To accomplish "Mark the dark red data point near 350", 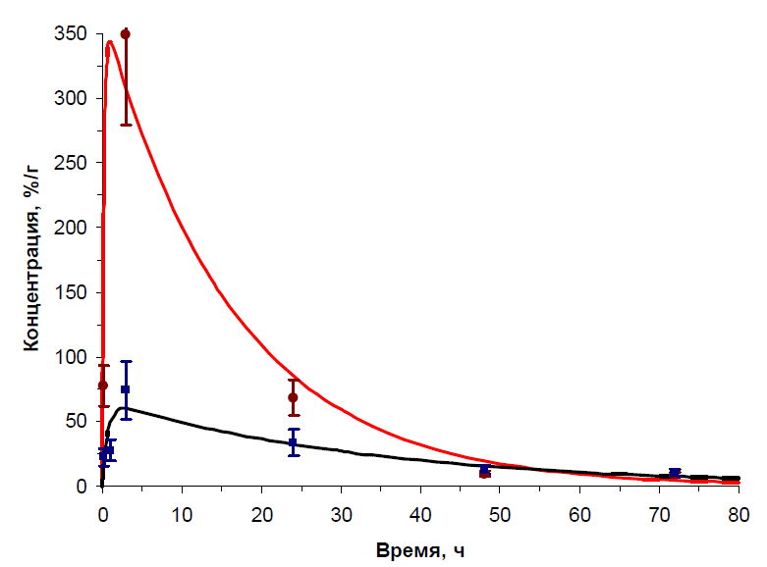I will coord(125,34).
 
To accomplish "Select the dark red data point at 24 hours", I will coord(293,397).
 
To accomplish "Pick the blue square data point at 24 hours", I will coord(293,442).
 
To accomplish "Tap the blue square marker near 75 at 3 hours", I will coord(126,389).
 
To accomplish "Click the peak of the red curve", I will coord(110,41).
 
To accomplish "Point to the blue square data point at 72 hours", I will coord(675,473).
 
